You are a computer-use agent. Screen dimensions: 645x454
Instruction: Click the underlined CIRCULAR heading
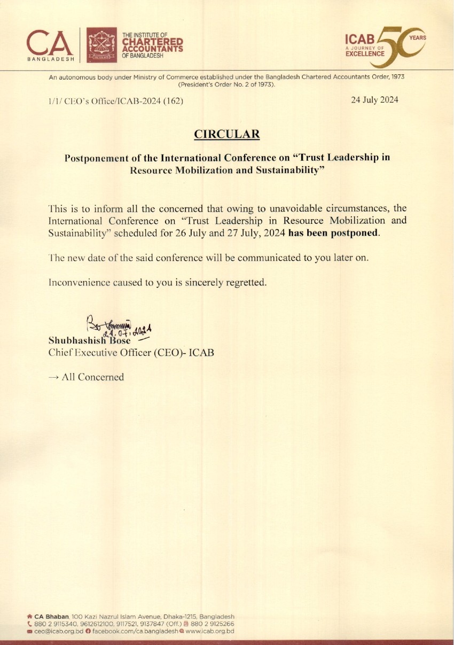(x=227, y=134)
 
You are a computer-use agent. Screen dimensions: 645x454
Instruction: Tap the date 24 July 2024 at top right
(x=374, y=100)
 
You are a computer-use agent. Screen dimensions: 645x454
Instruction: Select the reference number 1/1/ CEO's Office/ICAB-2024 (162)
(x=116, y=101)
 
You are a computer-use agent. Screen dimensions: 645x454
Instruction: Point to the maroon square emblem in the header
(x=101, y=44)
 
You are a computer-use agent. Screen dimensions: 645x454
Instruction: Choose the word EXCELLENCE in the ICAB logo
(x=365, y=54)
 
